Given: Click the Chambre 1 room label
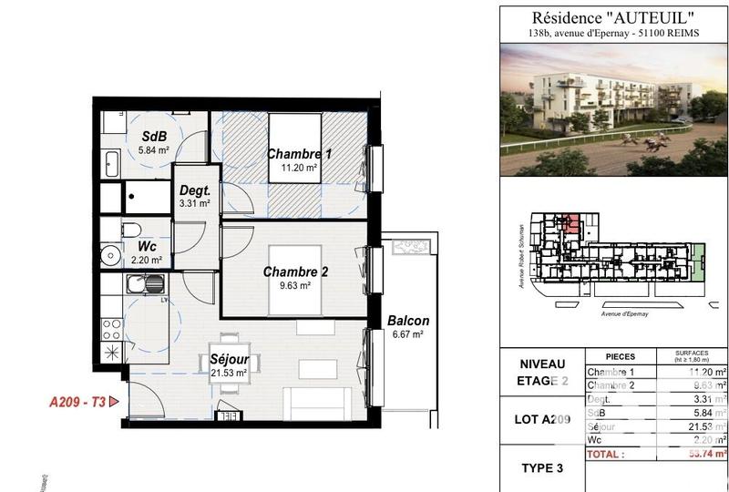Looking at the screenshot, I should [298, 154].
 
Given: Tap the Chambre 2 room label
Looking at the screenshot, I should [295, 272].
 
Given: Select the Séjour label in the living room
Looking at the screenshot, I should [230, 359].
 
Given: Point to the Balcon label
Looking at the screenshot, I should [407, 321].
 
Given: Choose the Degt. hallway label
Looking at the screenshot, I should [195, 190].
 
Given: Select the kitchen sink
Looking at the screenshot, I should [146, 284].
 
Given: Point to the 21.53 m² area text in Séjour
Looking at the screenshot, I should [230, 374].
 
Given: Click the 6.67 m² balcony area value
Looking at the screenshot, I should [406, 335].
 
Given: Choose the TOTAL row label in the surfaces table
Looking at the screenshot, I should [605, 453].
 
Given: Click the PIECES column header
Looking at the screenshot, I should [620, 356].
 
